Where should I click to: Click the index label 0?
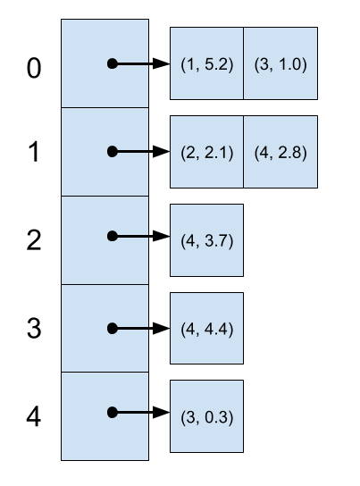[34, 68]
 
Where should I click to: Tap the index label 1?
[34, 152]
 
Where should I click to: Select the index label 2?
[34, 240]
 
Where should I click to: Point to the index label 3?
[34, 328]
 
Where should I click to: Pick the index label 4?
[33, 416]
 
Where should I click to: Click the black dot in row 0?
[113, 63]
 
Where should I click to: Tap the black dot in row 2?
[113, 236]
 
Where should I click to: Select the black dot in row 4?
[113, 413]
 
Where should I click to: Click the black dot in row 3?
[113, 329]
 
